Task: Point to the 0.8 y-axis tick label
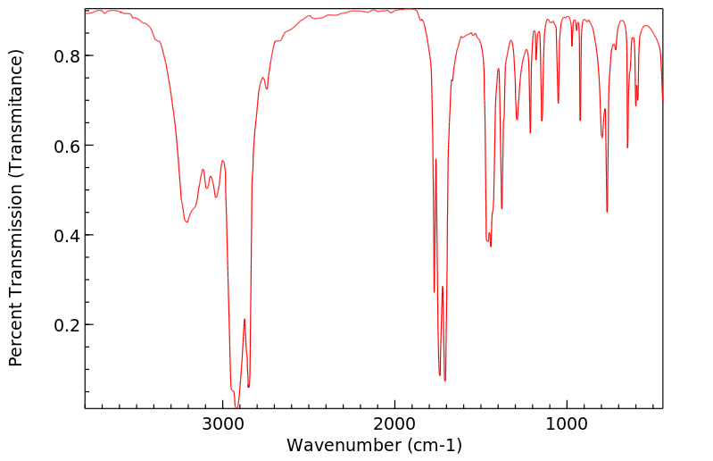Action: (66, 55)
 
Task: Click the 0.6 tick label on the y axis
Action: (66, 146)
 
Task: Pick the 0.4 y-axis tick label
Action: (66, 235)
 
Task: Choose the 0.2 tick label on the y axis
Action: (66, 325)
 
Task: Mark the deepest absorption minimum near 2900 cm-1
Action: (236, 407)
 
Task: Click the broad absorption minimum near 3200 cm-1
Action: (187, 222)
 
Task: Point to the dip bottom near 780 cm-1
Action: (607, 212)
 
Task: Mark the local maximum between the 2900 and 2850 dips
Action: (245, 319)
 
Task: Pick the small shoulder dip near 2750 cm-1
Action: (266, 88)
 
